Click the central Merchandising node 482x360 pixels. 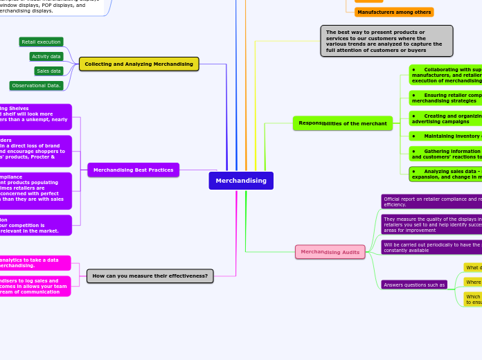click(x=241, y=181)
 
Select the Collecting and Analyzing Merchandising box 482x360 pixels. click(x=139, y=64)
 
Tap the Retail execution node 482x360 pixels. click(x=41, y=42)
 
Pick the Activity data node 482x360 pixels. click(x=46, y=57)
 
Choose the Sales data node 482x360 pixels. click(x=48, y=71)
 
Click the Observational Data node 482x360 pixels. click(x=37, y=86)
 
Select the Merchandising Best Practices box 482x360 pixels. click(x=134, y=170)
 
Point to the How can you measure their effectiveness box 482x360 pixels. click(x=150, y=276)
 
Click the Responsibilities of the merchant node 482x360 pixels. click(x=343, y=123)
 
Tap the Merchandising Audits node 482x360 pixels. click(x=330, y=252)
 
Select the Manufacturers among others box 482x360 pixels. click(x=394, y=12)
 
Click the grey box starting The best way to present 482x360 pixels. click(x=386, y=41)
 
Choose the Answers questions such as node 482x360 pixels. click(x=414, y=285)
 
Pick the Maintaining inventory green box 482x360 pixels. click(x=446, y=136)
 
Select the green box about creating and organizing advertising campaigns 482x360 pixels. click(x=446, y=118)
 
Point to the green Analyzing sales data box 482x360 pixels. click(x=446, y=174)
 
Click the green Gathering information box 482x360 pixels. click(x=446, y=154)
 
